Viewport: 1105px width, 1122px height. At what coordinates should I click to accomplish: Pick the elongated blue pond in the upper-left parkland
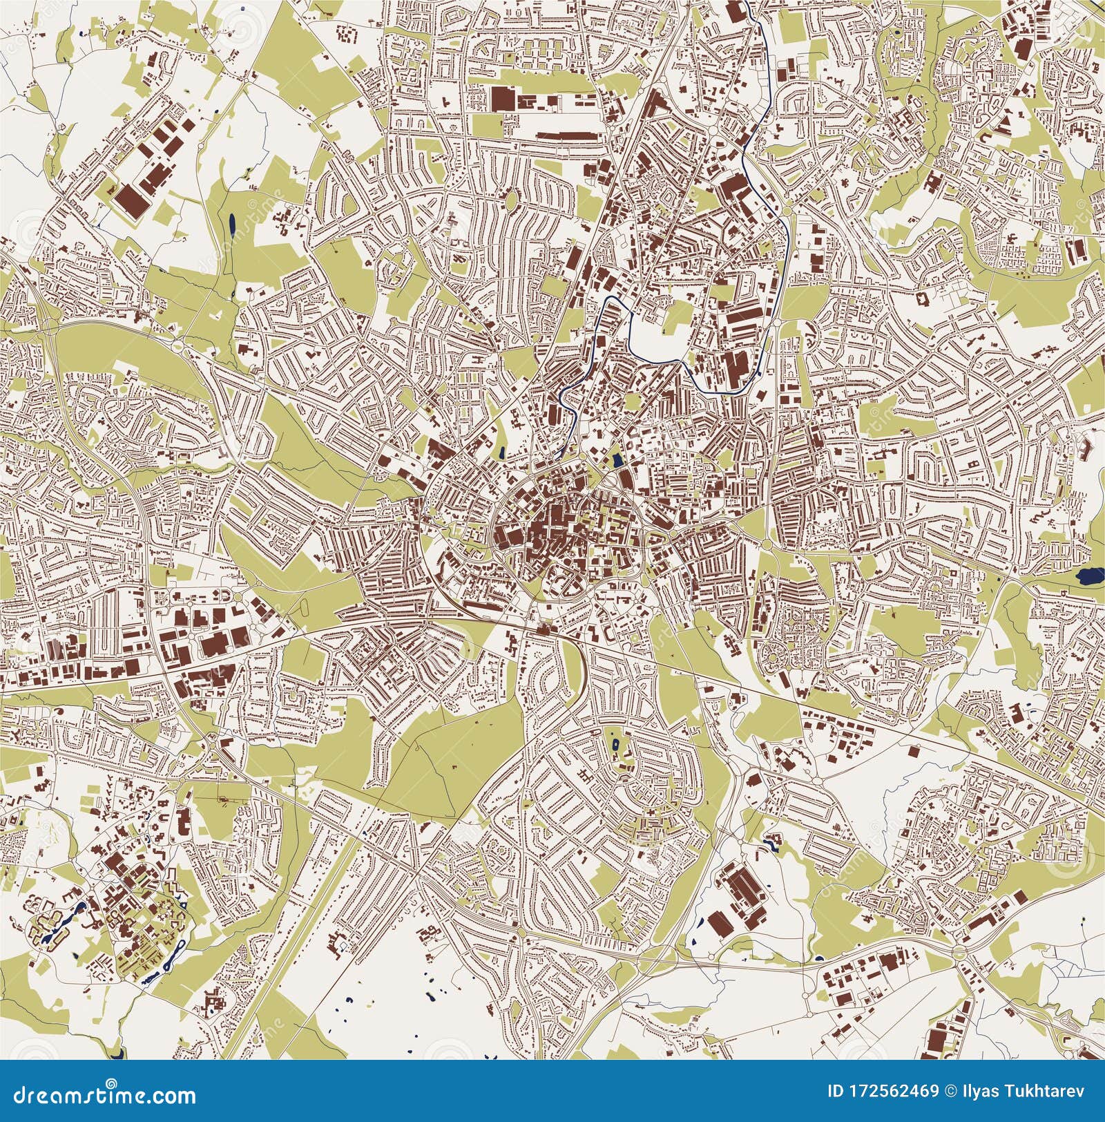pos(231,223)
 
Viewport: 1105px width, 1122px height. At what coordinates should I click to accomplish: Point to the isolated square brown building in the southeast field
pos(914,751)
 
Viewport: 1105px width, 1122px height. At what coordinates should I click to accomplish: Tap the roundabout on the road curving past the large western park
pos(178,343)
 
